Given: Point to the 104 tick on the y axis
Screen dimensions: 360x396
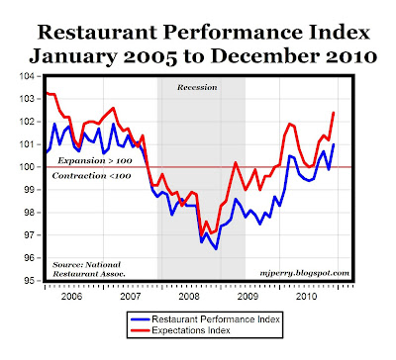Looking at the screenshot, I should click(31, 76).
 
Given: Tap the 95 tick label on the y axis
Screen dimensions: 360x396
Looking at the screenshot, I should click(33, 281).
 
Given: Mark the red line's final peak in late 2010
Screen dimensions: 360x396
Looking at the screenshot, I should click(334, 113).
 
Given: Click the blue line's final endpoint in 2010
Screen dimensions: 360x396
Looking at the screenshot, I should click(334, 144).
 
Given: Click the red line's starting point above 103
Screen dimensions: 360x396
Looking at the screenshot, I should click(46, 93).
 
